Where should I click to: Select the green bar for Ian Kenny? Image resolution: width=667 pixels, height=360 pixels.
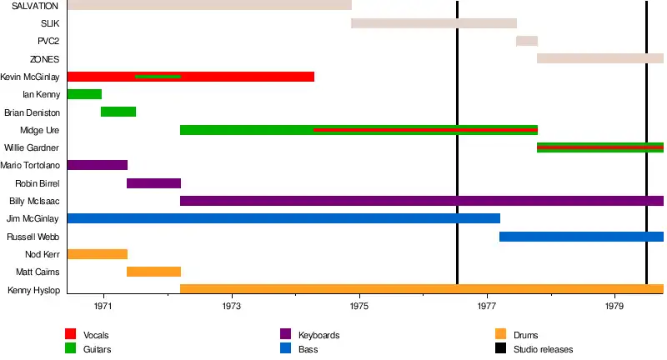[x=84, y=94]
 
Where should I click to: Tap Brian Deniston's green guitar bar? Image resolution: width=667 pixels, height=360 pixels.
[x=118, y=112]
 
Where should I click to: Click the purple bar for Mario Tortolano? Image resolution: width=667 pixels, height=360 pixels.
[x=97, y=165]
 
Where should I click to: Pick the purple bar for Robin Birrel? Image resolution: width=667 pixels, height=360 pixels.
[x=153, y=183]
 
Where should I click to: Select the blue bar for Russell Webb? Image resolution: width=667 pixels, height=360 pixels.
[x=581, y=237]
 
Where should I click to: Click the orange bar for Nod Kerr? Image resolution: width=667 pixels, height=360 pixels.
[x=97, y=254]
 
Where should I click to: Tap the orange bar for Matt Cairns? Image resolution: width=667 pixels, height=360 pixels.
[x=153, y=272]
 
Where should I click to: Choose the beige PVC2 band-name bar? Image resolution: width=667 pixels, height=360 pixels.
[x=527, y=41]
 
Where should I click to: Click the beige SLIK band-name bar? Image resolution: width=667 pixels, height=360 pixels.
[x=434, y=23]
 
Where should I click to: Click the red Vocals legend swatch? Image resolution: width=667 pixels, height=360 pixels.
[x=71, y=335]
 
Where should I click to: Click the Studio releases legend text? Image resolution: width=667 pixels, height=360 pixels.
[x=543, y=349]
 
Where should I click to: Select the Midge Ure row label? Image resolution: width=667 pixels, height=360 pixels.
[x=40, y=130]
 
